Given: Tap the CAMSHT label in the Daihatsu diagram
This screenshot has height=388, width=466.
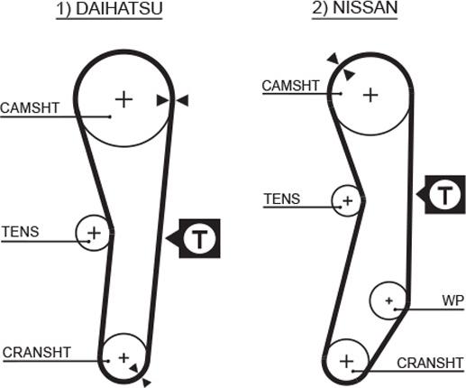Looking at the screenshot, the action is click(30, 108).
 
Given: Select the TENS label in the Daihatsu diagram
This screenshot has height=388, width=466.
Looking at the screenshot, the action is click(21, 232).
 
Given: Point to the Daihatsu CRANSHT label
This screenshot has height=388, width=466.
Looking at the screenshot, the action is click(37, 353).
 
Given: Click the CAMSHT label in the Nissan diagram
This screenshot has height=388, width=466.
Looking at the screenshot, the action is click(290, 86).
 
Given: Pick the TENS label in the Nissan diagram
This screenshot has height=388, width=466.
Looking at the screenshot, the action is click(282, 199).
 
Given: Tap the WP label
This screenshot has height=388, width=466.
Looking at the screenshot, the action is click(452, 300).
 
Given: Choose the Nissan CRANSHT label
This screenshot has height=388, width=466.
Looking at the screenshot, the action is click(430, 363).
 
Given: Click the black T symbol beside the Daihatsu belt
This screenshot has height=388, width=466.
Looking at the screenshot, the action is click(199, 238).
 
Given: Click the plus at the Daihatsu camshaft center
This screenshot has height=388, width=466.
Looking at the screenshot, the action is click(124, 99).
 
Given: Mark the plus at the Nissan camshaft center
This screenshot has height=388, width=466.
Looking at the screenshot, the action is click(370, 96).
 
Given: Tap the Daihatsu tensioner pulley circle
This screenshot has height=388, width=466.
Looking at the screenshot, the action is click(77, 233).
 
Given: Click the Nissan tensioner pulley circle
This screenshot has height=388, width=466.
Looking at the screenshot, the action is click(333, 200).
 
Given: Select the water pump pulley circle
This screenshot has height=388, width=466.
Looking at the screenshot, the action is click(370, 300).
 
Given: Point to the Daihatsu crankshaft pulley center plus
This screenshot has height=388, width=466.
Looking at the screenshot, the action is click(123, 358).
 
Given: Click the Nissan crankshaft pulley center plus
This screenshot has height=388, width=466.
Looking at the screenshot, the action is click(346, 361).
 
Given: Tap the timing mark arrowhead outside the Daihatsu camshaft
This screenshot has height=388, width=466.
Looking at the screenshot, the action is click(182, 100).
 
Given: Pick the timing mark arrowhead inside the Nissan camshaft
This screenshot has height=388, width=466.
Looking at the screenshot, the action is click(349, 74).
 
